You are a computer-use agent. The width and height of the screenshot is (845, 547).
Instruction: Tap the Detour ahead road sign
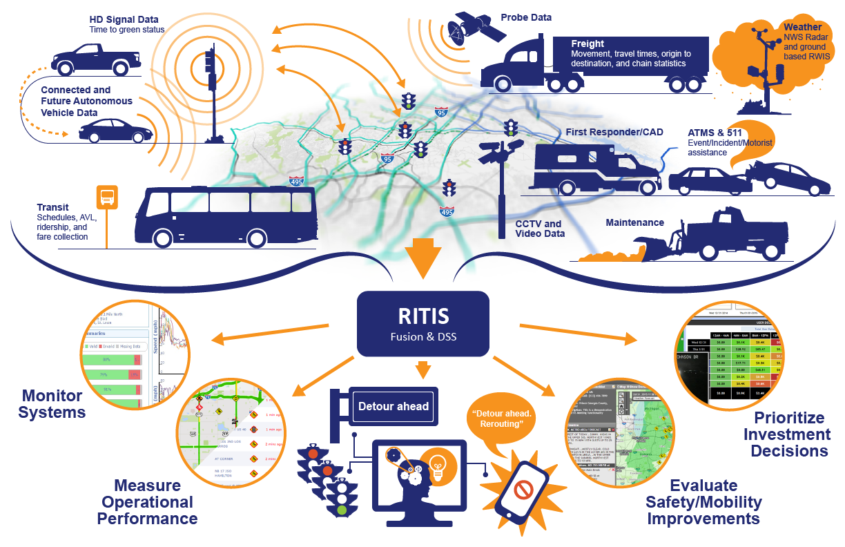click(394, 406)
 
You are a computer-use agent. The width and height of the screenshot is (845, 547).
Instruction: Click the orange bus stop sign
click(106, 197)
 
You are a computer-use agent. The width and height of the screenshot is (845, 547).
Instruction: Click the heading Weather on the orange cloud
click(803, 28)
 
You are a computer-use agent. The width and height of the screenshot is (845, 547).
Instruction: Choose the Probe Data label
click(526, 17)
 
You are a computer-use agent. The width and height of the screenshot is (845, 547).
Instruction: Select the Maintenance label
click(634, 222)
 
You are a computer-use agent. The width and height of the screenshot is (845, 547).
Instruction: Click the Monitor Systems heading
click(52, 404)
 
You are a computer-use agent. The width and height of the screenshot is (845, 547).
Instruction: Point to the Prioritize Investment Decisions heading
click(790, 434)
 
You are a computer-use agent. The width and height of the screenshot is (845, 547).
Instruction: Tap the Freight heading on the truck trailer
click(587, 44)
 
